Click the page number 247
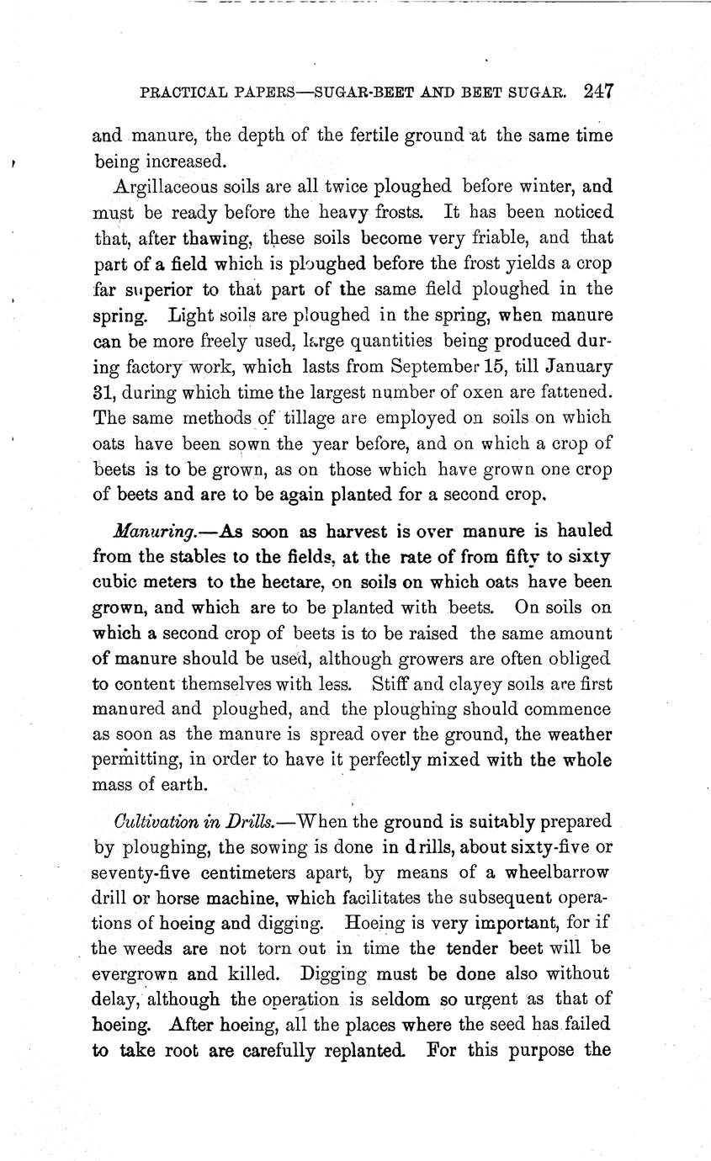click(x=596, y=91)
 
